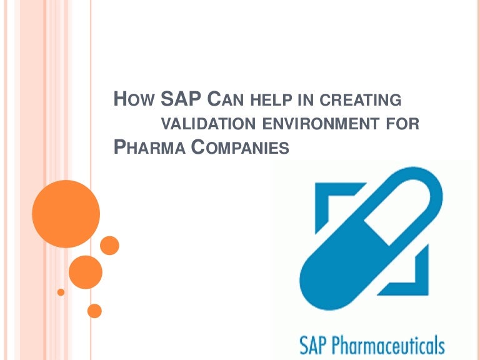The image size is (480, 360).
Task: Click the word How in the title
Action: pyautogui.click(x=134, y=99)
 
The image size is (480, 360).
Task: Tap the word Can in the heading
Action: pyautogui.click(x=225, y=99)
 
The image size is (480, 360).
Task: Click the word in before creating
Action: pyautogui.click(x=306, y=100)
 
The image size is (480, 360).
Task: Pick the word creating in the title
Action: pyautogui.click(x=360, y=100)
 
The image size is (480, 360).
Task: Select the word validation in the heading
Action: pyautogui.click(x=208, y=124)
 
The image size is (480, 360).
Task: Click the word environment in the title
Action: pyautogui.click(x=321, y=124)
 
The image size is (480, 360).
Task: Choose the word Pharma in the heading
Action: pyautogui.click(x=149, y=147)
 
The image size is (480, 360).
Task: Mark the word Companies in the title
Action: pyautogui.click(x=240, y=147)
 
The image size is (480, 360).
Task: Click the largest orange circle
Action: pyautogui.click(x=66, y=214)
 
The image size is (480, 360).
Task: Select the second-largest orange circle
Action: pyautogui.click(x=86, y=272)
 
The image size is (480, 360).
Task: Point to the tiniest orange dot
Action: pyautogui.click(x=61, y=292)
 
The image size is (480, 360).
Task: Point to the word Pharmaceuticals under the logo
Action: pyautogui.click(x=388, y=345)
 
